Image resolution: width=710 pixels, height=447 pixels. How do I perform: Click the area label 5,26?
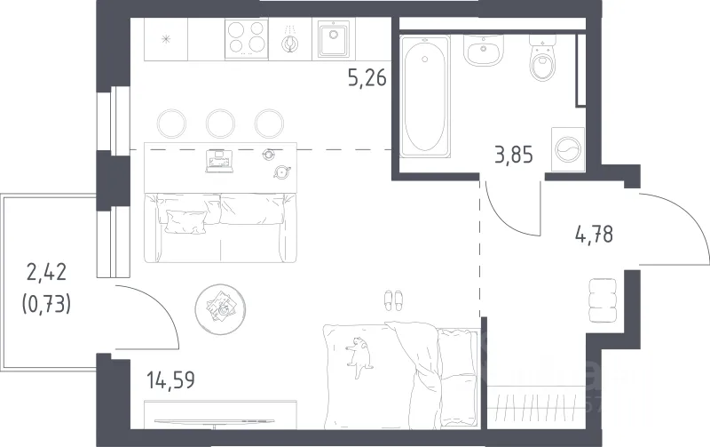[367, 78]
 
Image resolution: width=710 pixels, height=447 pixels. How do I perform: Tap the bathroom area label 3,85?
[514, 155]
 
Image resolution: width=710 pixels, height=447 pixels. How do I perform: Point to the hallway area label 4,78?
[594, 235]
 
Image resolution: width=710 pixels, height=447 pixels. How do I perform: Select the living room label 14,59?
[170, 379]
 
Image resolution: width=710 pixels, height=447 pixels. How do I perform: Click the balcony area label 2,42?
[46, 272]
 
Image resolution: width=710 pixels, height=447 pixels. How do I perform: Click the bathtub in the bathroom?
[425, 97]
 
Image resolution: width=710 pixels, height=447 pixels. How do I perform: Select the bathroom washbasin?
[484, 51]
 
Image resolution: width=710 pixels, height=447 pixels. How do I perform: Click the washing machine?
[568, 149]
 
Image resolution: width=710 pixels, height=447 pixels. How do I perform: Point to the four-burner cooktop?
[247, 38]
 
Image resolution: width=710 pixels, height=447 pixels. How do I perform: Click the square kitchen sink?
[334, 38]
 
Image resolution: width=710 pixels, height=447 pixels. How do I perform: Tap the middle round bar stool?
[220, 123]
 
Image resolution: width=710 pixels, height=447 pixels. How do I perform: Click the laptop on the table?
[219, 162]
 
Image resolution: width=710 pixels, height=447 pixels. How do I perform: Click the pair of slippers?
[393, 300]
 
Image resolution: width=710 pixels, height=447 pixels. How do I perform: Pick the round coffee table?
[220, 308]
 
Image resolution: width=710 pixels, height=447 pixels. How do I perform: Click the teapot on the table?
[282, 172]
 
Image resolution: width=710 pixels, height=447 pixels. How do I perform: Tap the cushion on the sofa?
[186, 221]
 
